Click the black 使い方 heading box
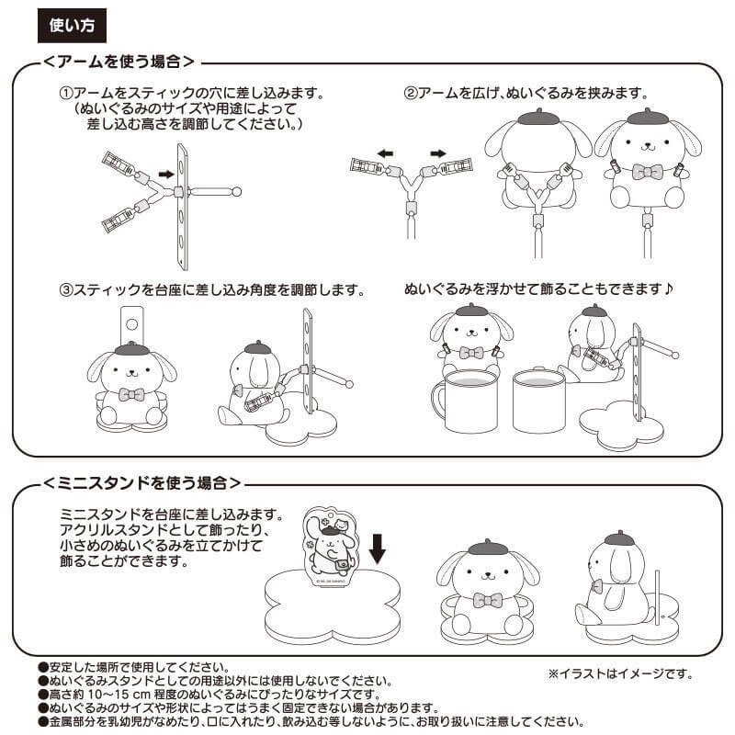coord(72,26)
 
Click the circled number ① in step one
coord(66,93)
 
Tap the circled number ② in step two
coord(411,93)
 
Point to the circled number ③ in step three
coord(66,289)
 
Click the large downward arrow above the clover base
coord(378,548)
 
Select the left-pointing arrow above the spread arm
coord(385,153)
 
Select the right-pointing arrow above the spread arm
coord(438,153)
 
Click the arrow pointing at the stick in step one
coord(166,175)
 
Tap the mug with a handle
coord(464,401)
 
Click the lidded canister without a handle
coord(539,400)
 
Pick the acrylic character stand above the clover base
coord(330,547)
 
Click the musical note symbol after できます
coord(669,288)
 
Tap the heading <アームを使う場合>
coord(119,62)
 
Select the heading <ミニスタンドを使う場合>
coord(142,483)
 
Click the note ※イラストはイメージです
coord(621,674)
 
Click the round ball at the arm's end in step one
coord(237,191)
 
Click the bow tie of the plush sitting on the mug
coord(471,352)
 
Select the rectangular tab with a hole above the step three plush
coord(131,325)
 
